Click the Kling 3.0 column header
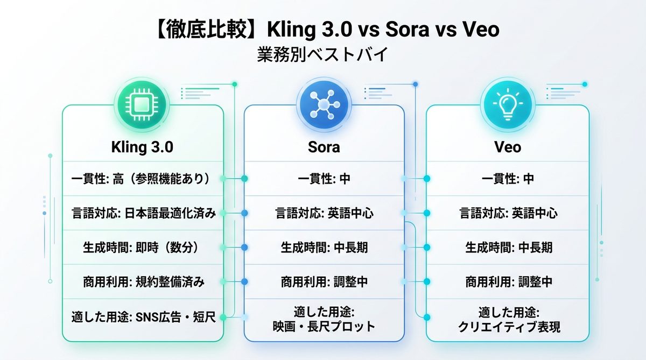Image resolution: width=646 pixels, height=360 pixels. click(143, 147)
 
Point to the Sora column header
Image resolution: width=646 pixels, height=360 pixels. click(324, 147)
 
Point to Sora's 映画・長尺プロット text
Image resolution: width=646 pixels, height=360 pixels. click(324, 326)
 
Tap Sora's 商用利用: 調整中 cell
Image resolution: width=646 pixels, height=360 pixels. click(324, 282)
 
